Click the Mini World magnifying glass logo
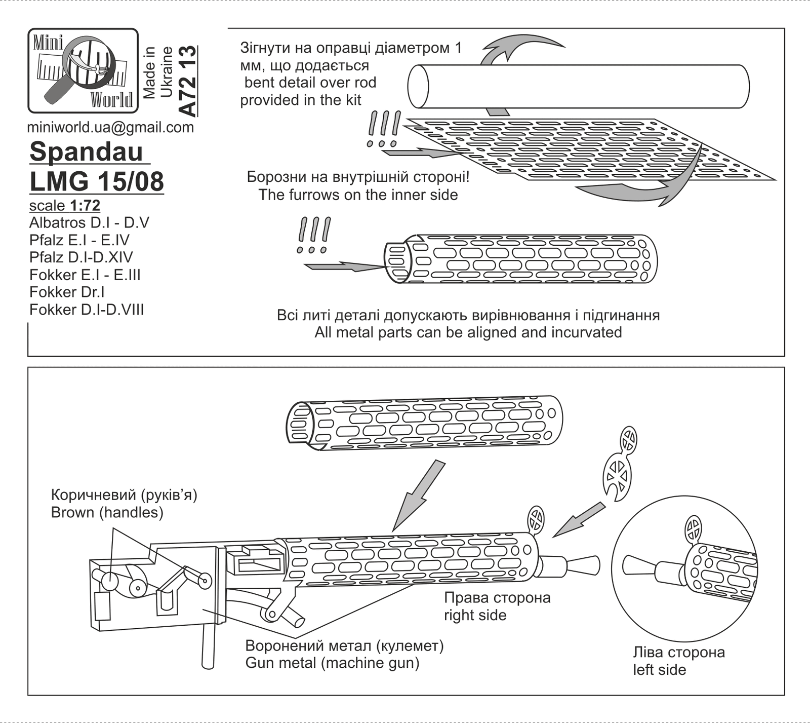pyautogui.click(x=83, y=71)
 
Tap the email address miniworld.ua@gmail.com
pyautogui.click(x=110, y=127)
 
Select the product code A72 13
pyautogui.click(x=187, y=81)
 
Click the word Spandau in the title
pyautogui.click(x=87, y=151)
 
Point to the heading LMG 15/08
pyautogui.click(x=97, y=181)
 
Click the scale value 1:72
pyautogui.click(x=85, y=206)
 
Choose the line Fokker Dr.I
pyautogui.click(x=67, y=292)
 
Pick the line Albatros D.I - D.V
pyautogui.click(x=89, y=223)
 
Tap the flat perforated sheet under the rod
pyautogui.click(x=582, y=152)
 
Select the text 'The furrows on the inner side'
pyautogui.click(x=358, y=195)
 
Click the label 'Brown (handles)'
pyautogui.click(x=107, y=513)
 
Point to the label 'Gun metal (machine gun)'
pyautogui.click(x=332, y=663)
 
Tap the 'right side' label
pyautogui.click(x=475, y=616)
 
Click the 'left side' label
pyautogui.click(x=659, y=670)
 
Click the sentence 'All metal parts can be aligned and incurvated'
pyautogui.click(x=468, y=333)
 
